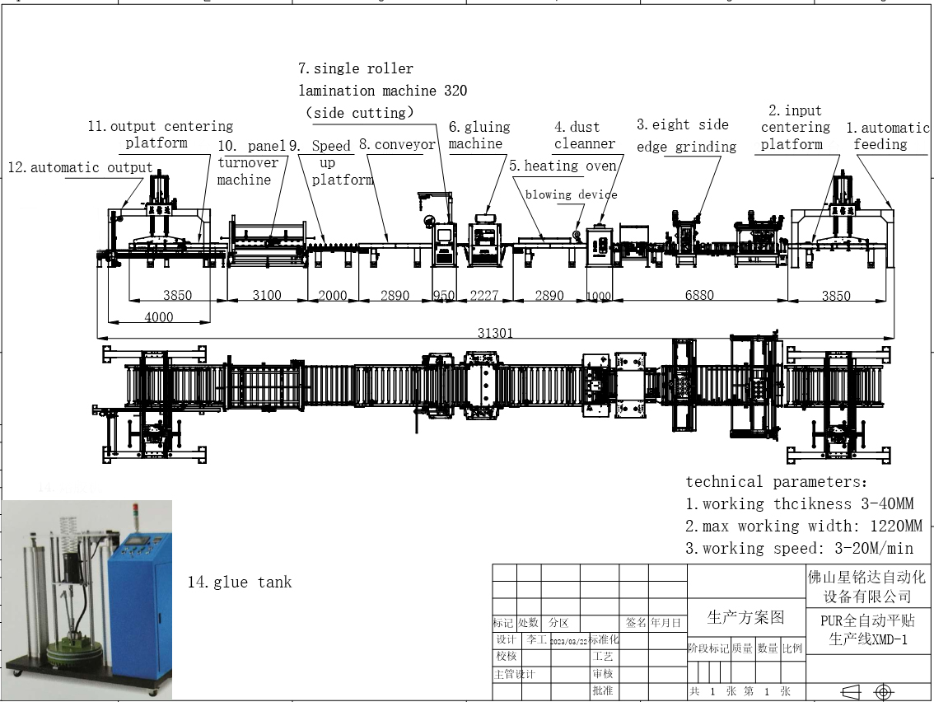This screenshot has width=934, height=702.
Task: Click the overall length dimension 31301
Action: pyautogui.click(x=495, y=333)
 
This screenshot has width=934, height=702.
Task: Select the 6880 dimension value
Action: pyautogui.click(x=698, y=295)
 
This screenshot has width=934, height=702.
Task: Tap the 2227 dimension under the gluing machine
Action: pyautogui.click(x=483, y=296)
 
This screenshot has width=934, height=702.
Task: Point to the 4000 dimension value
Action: pyautogui.click(x=158, y=316)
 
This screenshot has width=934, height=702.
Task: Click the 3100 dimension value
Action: pyautogui.click(x=266, y=295)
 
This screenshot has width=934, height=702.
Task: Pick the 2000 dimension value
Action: pyautogui.click(x=333, y=296)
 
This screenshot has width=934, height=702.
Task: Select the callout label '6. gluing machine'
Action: pyautogui.click(x=479, y=135)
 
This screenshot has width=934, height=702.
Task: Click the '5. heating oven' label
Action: pyautogui.click(x=563, y=166)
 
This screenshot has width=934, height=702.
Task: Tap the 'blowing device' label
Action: pyautogui.click(x=571, y=194)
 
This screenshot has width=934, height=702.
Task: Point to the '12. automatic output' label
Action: pyautogui.click(x=80, y=167)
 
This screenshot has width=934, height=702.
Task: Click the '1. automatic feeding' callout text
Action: pyautogui.click(x=886, y=136)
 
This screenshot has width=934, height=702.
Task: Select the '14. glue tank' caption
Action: pyautogui.click(x=239, y=583)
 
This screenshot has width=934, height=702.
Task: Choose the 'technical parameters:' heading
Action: pyautogui.click(x=776, y=482)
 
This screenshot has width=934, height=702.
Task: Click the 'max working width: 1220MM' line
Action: pyautogui.click(x=803, y=526)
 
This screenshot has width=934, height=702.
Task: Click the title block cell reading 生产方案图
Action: pyautogui.click(x=745, y=617)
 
